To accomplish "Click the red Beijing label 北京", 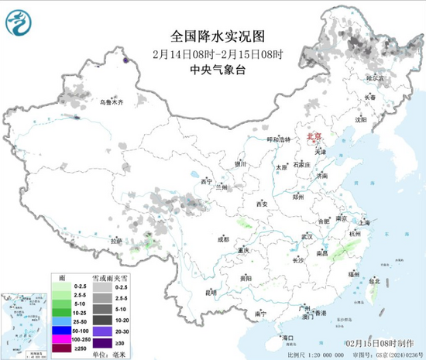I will click(x=314, y=136).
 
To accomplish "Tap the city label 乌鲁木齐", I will click(x=112, y=101).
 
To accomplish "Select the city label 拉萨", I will click(x=116, y=241).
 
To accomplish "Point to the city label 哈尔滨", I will click(x=375, y=78).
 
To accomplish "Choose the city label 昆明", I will click(x=211, y=293).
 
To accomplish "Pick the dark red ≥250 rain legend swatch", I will click(x=61, y=348).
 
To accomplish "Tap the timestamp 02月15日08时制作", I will click(x=376, y=341).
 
